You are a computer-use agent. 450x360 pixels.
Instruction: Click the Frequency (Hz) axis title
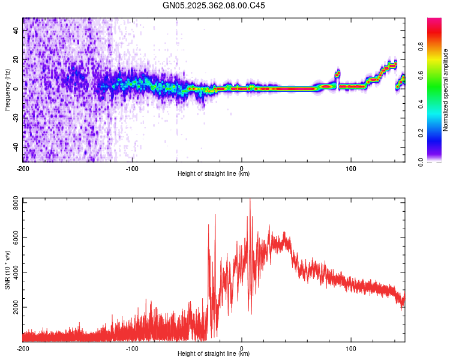pos(7,89)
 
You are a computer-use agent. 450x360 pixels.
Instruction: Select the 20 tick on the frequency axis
pos(17,59)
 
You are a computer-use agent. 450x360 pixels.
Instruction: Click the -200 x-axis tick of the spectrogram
pos(23,168)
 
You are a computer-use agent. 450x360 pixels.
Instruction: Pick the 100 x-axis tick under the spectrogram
pos(351,168)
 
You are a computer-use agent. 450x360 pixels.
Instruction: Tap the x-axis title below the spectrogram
pos(214,174)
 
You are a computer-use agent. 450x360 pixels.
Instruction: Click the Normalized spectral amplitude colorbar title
pos(445,90)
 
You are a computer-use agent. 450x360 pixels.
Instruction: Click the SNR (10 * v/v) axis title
pos(7,269)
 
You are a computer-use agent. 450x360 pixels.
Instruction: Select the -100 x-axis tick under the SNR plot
pos(132,348)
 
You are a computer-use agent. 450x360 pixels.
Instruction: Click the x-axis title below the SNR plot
pos(214,354)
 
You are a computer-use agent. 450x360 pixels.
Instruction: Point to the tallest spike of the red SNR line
pos(250,200)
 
